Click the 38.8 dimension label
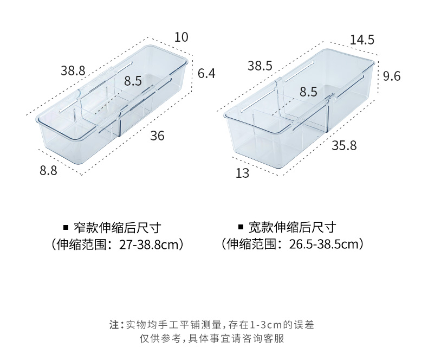pos(73,70)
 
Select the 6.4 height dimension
pos(206,73)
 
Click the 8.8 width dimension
pos(48,170)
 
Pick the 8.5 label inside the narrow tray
pos(133,81)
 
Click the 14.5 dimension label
pos(362,40)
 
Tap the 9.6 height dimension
pos(391,76)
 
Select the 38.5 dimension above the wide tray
pos(260,66)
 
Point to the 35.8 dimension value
pos(345,145)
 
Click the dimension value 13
pos(242,173)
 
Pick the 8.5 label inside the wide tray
pos(308,92)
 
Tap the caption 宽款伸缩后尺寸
pos(293,227)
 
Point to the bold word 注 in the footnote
pos(114,325)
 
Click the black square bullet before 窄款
pos(66,227)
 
